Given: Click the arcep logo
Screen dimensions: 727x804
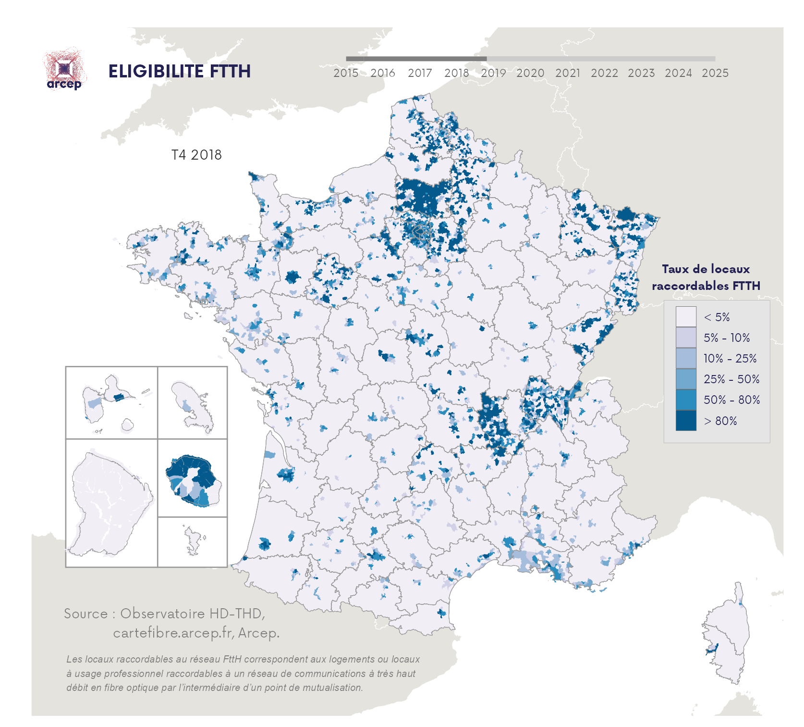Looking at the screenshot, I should tap(64, 71).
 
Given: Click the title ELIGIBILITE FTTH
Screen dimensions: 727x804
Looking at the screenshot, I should tap(179, 72).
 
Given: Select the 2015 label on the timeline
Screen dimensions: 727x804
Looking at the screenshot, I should tap(346, 73).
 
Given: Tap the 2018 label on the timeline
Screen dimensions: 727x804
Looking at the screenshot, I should tap(456, 73).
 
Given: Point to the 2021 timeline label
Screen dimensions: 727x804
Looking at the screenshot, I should tap(567, 73).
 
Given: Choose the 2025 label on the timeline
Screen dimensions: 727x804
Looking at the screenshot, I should tap(715, 73).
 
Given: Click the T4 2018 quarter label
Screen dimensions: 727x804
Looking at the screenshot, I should tap(196, 155).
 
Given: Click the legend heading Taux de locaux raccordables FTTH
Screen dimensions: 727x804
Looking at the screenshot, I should tap(706, 277).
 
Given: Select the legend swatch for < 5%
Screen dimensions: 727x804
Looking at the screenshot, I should tap(685, 317).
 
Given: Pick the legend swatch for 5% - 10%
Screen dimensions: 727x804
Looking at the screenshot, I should tap(685, 338).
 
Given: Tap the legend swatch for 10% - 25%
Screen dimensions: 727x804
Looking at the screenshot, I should tap(685, 358).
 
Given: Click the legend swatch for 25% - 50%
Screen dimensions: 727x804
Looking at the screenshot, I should tap(685, 379).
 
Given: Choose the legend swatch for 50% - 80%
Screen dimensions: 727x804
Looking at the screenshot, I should tap(685, 400).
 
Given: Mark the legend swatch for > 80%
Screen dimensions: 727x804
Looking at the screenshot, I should tap(685, 421).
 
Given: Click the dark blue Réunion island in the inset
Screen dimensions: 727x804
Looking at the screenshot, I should tap(192, 478).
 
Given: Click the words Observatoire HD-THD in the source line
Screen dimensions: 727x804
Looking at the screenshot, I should tap(191, 614).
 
